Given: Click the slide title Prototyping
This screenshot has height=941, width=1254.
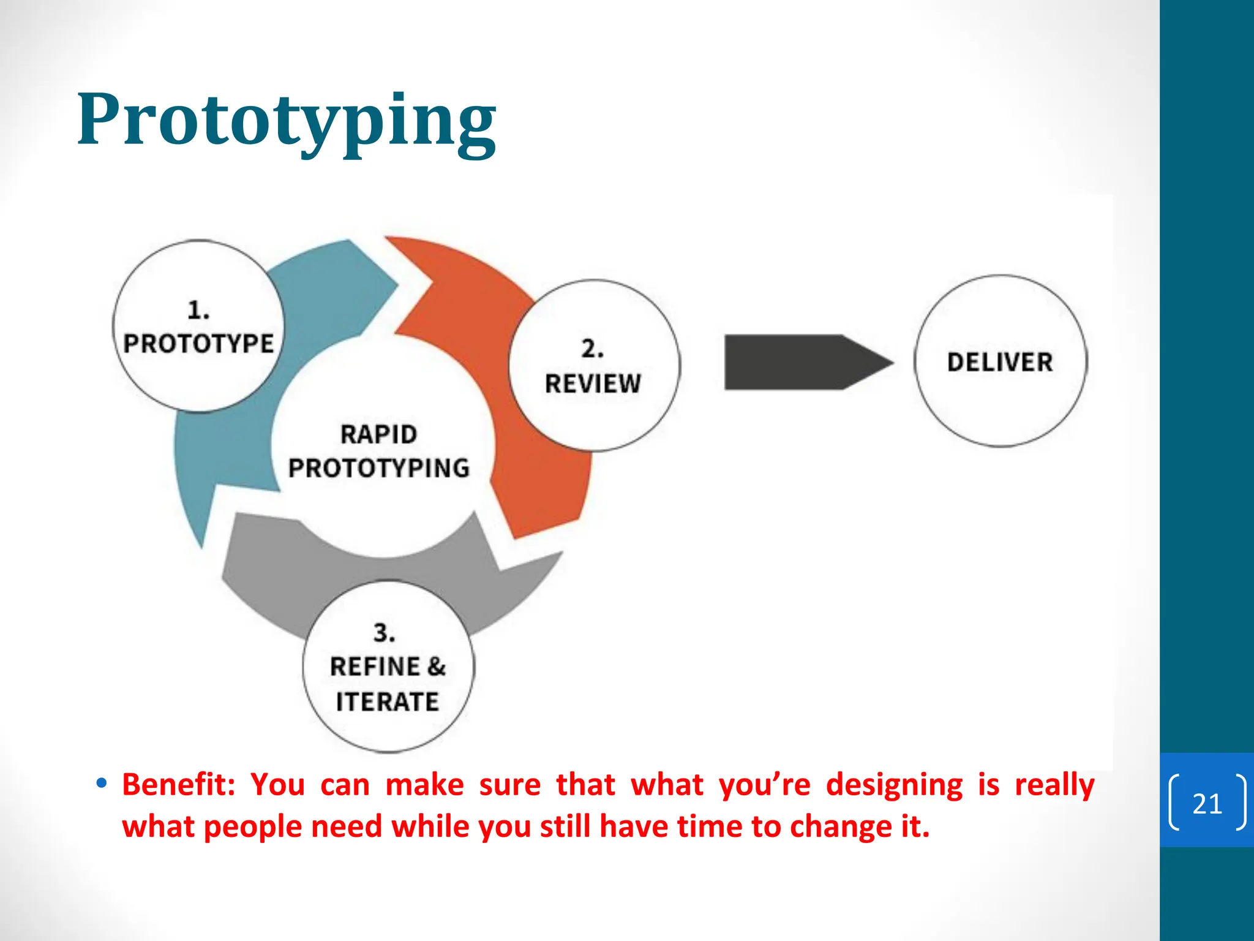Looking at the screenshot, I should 287,120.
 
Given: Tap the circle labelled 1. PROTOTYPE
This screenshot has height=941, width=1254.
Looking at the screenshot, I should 198,326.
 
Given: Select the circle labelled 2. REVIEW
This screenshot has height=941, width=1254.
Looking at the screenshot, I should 593,366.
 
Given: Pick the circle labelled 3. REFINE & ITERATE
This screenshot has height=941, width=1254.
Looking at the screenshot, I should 388,667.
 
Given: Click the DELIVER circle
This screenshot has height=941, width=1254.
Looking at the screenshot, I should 1001,361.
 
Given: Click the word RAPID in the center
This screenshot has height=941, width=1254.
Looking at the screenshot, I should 379,434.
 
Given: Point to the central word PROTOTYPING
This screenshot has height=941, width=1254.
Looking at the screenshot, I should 379,468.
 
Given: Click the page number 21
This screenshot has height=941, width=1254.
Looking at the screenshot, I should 1207,803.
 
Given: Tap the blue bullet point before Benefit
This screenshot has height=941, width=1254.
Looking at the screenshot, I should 102,783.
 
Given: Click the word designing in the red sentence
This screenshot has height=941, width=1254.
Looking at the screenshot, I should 894,785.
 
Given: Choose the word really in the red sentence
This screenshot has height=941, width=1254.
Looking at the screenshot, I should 1054,785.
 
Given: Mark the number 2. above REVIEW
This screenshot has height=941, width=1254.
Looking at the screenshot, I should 592,349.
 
